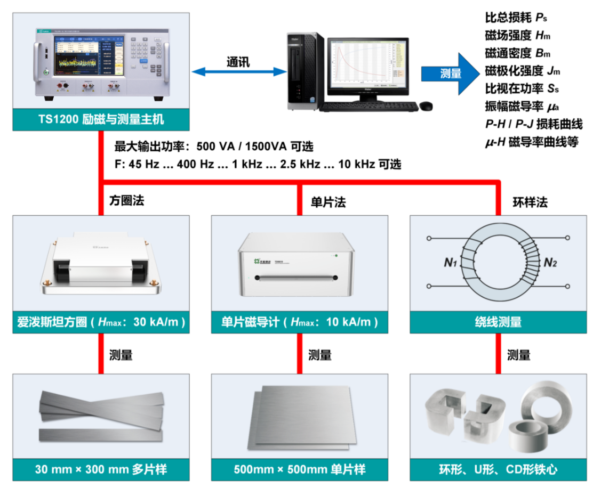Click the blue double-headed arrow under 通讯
point(236,71)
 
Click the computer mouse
point(426,106)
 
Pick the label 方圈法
point(126,201)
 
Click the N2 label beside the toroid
point(549,263)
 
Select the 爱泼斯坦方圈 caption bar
point(101,322)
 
